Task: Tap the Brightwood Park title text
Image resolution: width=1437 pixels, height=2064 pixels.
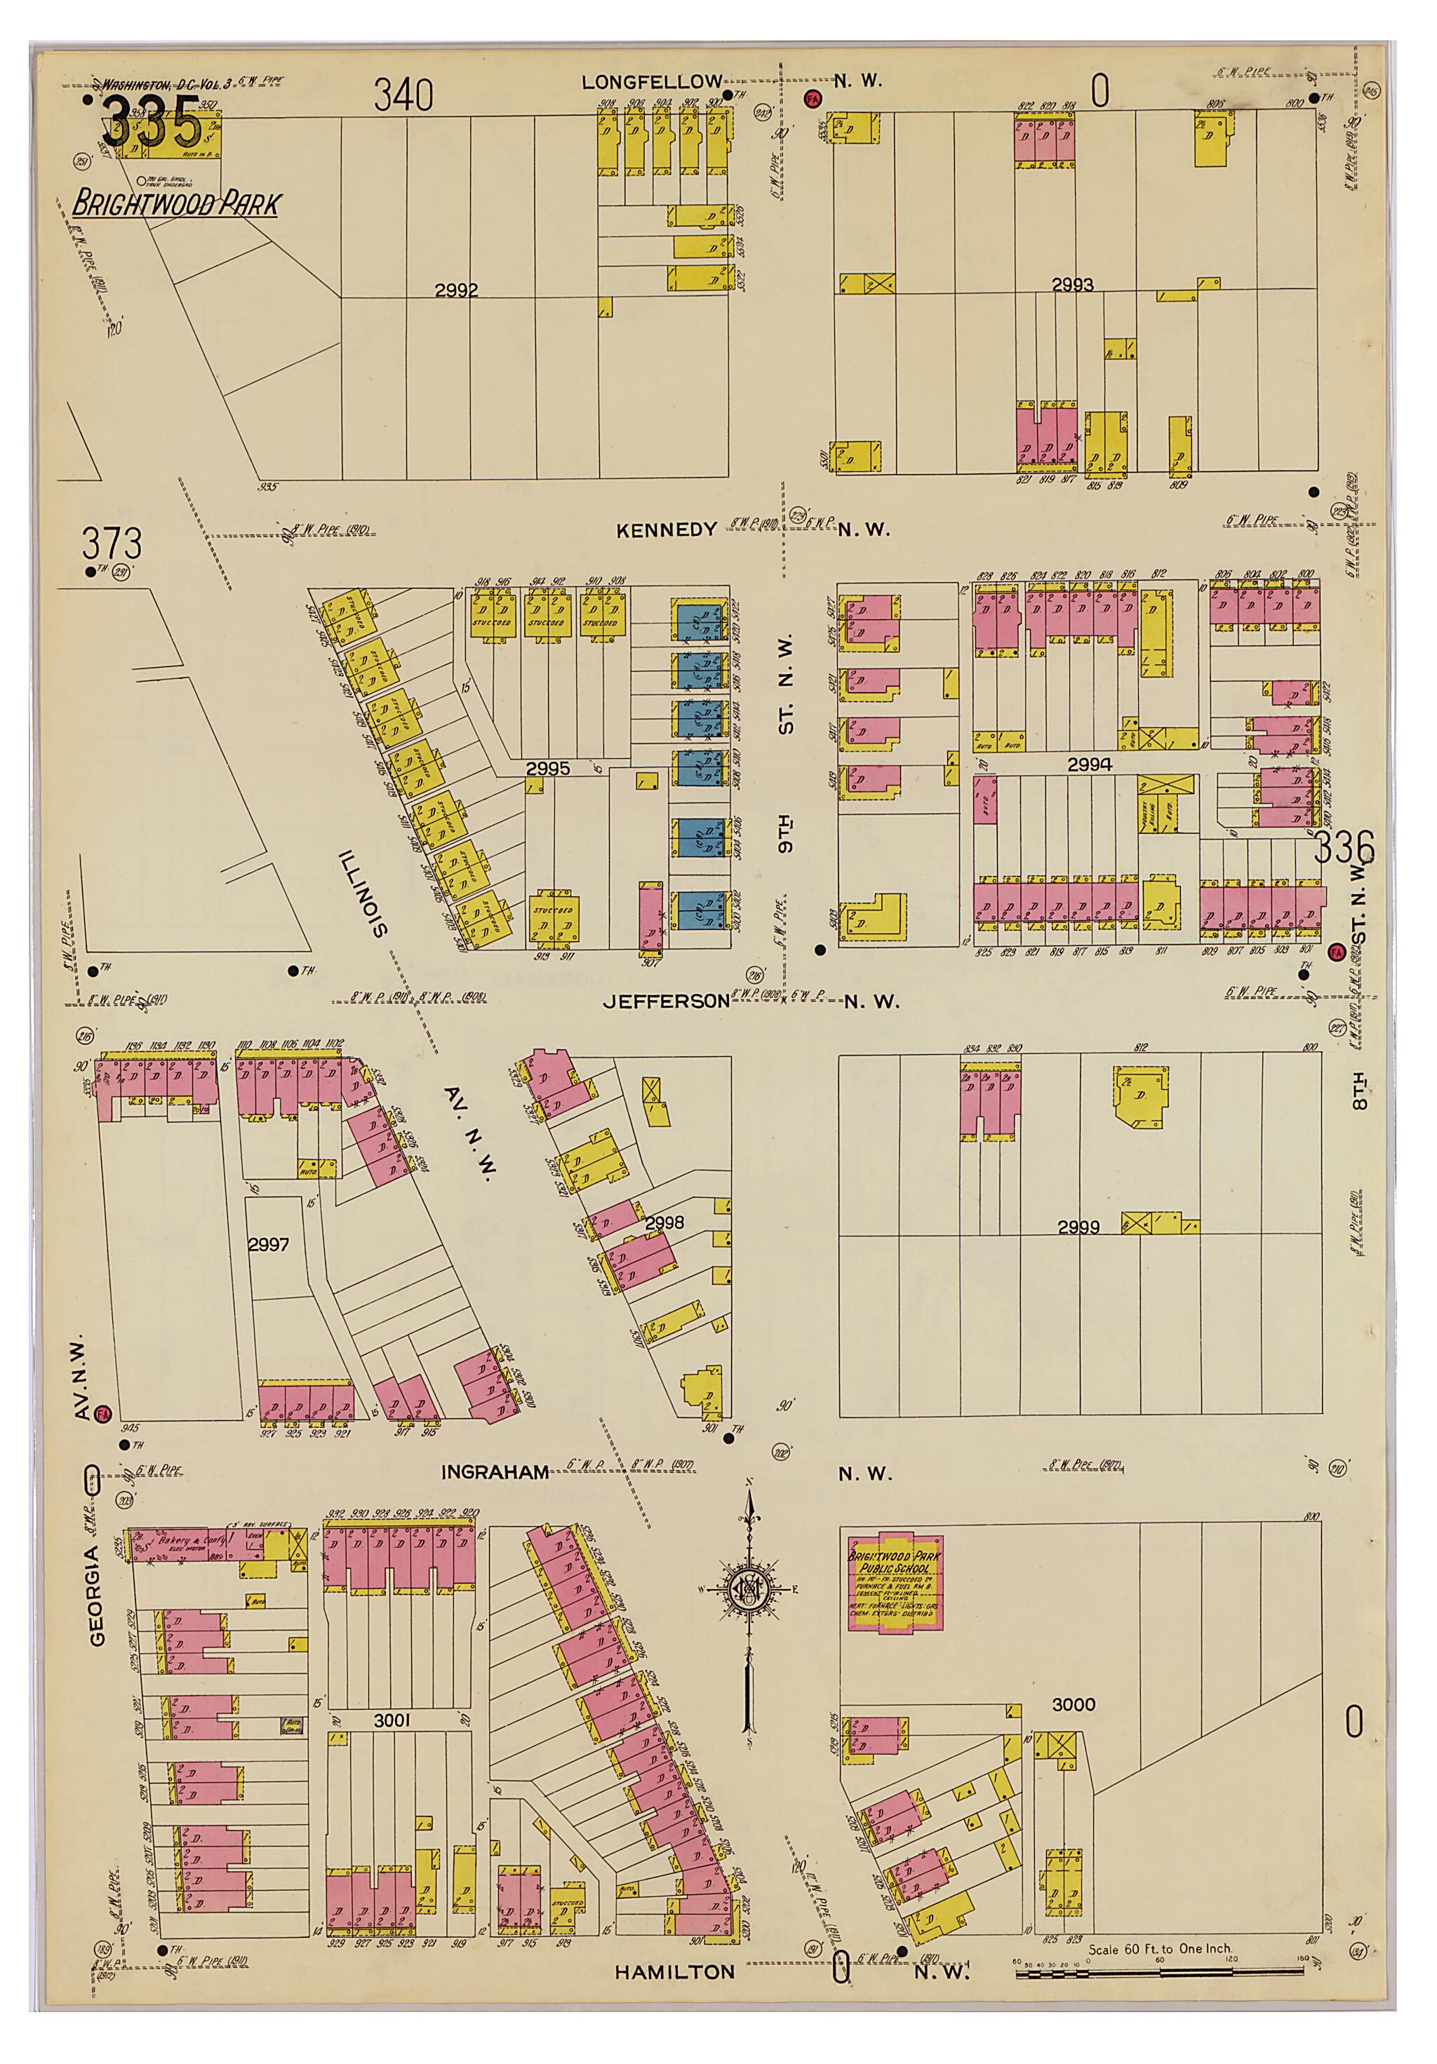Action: [175, 204]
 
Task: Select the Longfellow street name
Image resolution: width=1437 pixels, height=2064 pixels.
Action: [651, 82]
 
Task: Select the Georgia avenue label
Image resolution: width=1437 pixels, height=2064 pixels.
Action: [97, 1576]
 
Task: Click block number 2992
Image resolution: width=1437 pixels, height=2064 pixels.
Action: [456, 290]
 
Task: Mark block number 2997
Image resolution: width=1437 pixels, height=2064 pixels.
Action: [268, 1244]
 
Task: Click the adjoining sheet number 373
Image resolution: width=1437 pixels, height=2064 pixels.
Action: [112, 544]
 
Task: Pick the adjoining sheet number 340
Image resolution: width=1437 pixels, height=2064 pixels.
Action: [403, 95]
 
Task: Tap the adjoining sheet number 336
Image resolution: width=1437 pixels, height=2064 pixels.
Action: [1345, 846]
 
